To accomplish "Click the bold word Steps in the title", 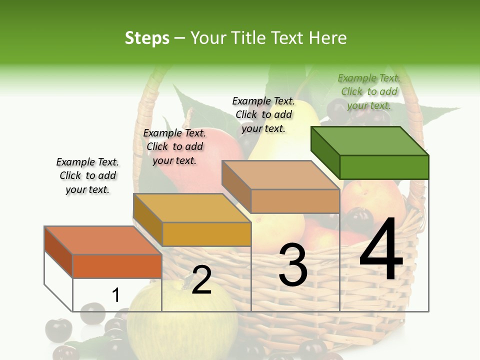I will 147,38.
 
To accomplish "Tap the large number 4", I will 381,249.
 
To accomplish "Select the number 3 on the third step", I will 292,265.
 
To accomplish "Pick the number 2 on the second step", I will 201,280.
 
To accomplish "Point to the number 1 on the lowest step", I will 115,295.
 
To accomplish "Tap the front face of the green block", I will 384,167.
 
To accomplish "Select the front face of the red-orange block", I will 117,266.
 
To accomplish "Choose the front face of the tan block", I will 295,201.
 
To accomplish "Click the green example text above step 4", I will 369,91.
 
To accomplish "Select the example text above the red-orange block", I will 87,175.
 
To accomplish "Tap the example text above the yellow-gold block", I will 174,146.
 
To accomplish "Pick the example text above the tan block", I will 263,114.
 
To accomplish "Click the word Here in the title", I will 328,38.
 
